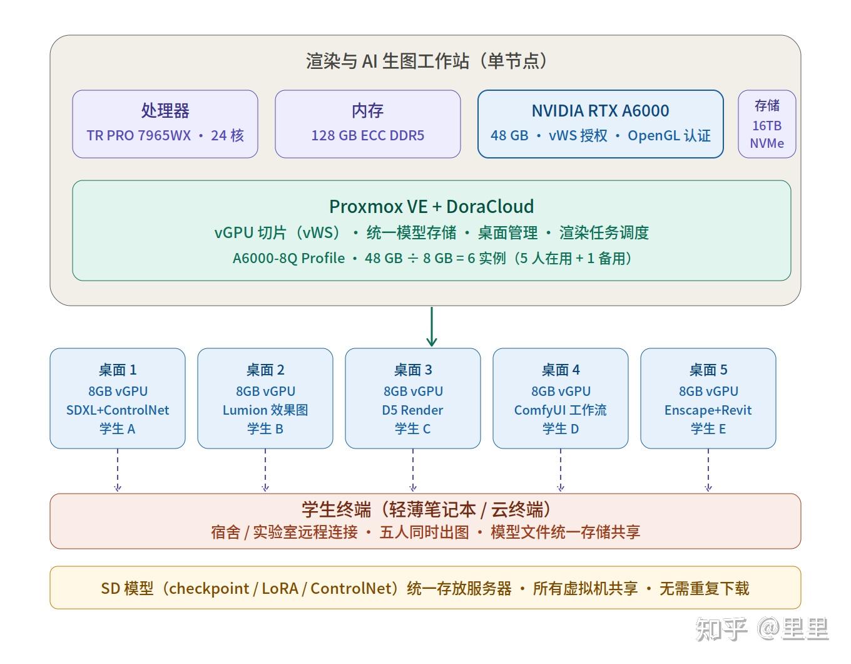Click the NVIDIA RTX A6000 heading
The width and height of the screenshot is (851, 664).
point(600,111)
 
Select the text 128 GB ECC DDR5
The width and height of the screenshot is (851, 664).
point(367,136)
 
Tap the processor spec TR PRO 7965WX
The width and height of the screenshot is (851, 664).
point(139,136)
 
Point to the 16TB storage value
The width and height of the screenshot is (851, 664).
point(767,125)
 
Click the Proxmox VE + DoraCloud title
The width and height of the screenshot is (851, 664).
point(431,207)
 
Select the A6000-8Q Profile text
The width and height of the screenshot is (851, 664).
point(288,258)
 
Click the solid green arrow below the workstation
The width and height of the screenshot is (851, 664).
point(432,326)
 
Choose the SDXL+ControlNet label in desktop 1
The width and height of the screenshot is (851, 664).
point(118,410)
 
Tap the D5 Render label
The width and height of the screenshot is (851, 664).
point(412,410)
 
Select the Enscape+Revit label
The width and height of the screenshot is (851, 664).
point(708,410)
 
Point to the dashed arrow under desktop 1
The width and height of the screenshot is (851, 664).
point(118,470)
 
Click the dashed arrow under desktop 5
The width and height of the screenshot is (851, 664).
point(708,470)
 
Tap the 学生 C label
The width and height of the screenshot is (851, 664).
point(412,429)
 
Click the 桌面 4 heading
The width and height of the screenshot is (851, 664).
point(561,370)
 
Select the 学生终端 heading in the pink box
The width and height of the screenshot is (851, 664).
point(336,509)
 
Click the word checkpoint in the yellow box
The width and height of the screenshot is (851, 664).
point(209,589)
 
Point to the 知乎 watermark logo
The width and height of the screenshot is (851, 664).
point(721,629)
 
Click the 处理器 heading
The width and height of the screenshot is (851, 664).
point(165,110)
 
